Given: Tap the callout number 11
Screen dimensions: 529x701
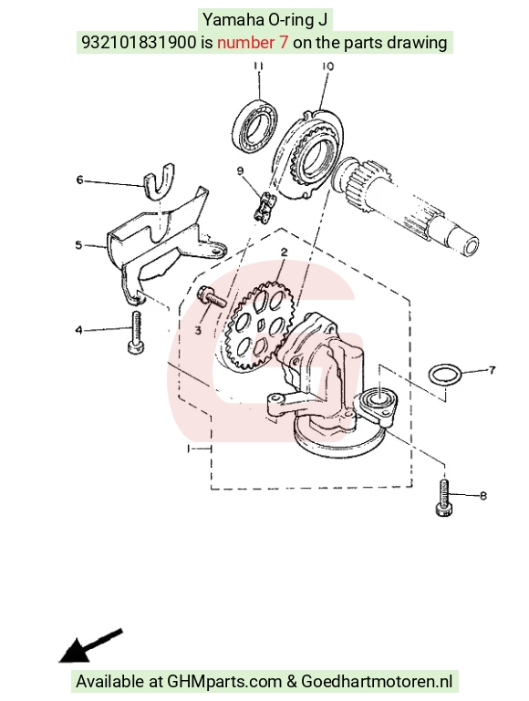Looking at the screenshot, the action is [258, 67].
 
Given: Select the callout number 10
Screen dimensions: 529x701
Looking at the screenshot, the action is [327, 67].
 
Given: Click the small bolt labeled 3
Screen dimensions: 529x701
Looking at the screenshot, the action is [213, 297].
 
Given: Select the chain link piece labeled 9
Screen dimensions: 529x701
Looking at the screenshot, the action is [264, 205].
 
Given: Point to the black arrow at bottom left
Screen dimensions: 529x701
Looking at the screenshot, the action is [90, 646].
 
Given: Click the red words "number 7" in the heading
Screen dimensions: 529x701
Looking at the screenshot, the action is [253, 43].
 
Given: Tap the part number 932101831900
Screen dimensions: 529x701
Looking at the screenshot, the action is [138, 43].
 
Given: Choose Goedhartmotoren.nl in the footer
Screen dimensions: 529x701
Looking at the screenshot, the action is [377, 681].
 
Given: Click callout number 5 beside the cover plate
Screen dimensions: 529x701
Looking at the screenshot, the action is [78, 245].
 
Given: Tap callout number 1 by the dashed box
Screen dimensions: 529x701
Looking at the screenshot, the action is [189, 448].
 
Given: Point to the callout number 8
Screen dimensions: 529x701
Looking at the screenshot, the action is [483, 495].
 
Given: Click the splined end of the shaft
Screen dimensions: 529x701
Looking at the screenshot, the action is [363, 184].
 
